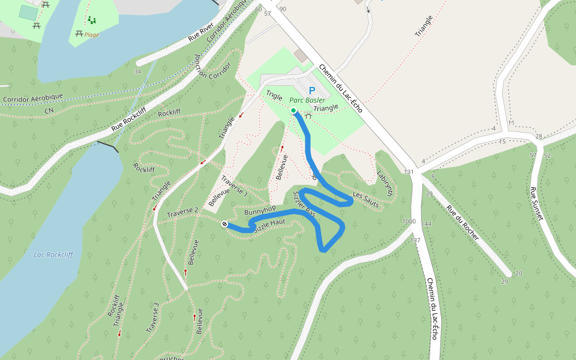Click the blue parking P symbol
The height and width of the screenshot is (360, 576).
[x=312, y=91]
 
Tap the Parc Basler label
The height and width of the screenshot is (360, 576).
[x=307, y=100]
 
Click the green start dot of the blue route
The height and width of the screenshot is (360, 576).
[x=293, y=110]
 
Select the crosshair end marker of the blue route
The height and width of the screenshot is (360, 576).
[x=224, y=224]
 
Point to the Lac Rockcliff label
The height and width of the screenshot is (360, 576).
[x=53, y=255]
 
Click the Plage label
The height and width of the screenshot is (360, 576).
[x=92, y=35]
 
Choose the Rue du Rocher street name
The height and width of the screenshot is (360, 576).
[x=463, y=224]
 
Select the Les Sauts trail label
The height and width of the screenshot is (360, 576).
[x=366, y=200]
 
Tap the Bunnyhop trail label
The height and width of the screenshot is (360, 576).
[x=260, y=211]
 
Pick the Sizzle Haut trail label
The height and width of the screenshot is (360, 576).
[x=269, y=226]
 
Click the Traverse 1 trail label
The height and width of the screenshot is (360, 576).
[x=234, y=187]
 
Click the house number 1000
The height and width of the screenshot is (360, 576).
[x=409, y=221]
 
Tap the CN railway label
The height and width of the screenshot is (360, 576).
[x=49, y=111]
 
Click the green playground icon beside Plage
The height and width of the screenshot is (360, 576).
[x=91, y=20]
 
